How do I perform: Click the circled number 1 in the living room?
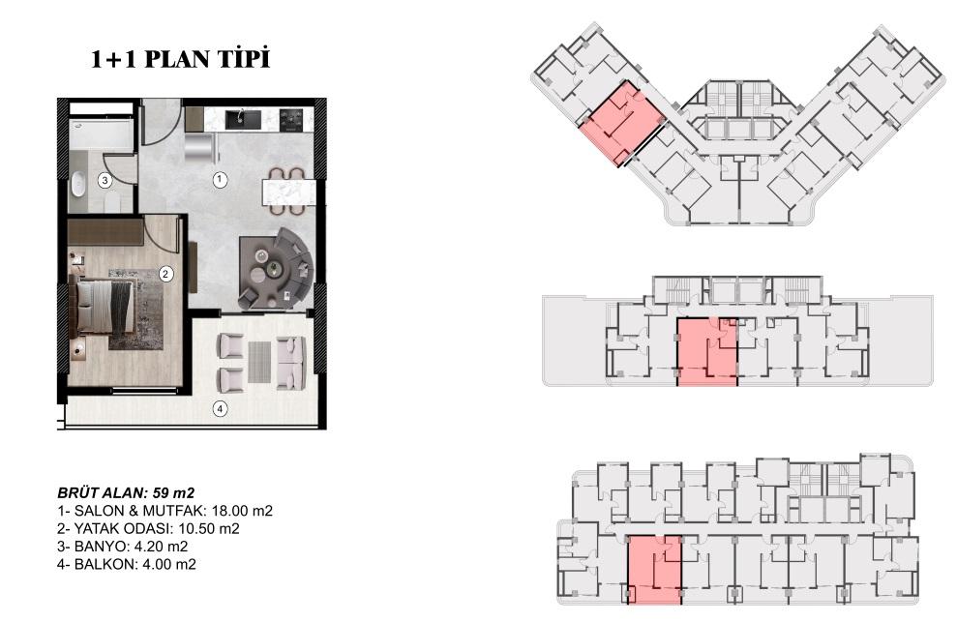(220, 180)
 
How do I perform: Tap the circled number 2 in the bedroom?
(165, 274)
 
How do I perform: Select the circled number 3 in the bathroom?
(105, 181)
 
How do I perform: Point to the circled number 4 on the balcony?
(220, 408)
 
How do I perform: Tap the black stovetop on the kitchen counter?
(291, 120)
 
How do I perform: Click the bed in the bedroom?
(102, 307)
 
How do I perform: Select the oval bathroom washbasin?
(77, 185)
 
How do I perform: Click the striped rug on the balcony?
(259, 362)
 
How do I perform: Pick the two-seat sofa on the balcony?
(291, 363)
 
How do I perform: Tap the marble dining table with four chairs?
(288, 192)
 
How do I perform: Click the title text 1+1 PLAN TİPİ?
(180, 59)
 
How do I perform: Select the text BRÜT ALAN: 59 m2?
(126, 492)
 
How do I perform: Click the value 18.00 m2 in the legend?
(242, 511)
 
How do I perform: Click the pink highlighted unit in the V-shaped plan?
(621, 123)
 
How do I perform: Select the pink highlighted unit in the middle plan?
(707, 352)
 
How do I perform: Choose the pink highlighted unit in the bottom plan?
(655, 570)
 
